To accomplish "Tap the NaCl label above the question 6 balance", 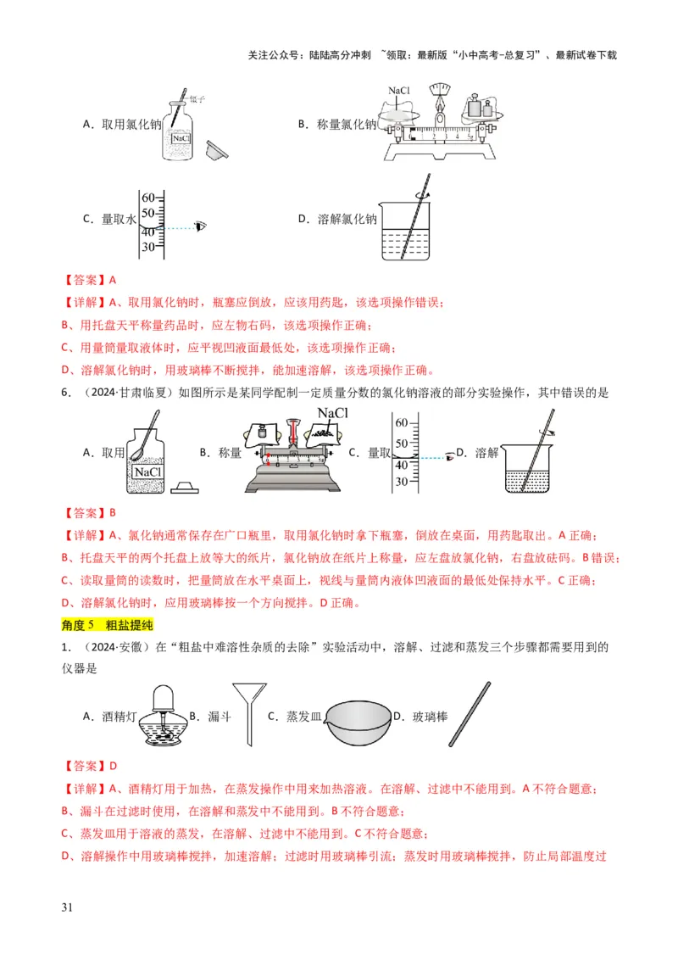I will [332, 413].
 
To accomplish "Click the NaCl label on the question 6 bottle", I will [148, 471].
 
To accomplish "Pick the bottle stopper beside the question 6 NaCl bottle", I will [184, 487].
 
